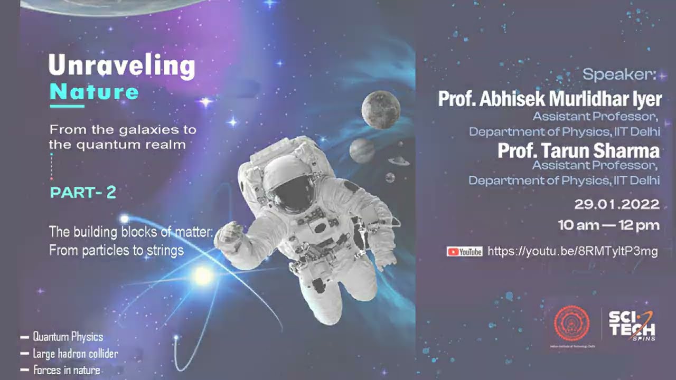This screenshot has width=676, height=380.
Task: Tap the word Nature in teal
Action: coord(94,92)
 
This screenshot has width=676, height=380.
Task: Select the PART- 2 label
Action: coord(83,193)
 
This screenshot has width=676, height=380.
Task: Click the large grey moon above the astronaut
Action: coord(380,109)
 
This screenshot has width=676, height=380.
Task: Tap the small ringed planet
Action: coord(398,160)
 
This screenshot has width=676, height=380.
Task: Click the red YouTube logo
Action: coord(465,252)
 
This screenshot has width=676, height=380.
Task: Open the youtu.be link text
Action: coord(572,251)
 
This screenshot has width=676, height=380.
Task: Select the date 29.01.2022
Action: coord(617,204)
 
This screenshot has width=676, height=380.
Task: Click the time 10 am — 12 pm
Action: coord(609,226)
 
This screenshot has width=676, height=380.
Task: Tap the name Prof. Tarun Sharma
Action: coord(578,151)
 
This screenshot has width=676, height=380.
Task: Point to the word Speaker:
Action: coord(618,75)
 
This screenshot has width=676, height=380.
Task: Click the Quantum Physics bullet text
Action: coord(68,337)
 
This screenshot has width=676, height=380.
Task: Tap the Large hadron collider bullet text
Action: coord(75,354)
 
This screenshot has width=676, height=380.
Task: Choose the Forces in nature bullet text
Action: coord(67,370)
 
